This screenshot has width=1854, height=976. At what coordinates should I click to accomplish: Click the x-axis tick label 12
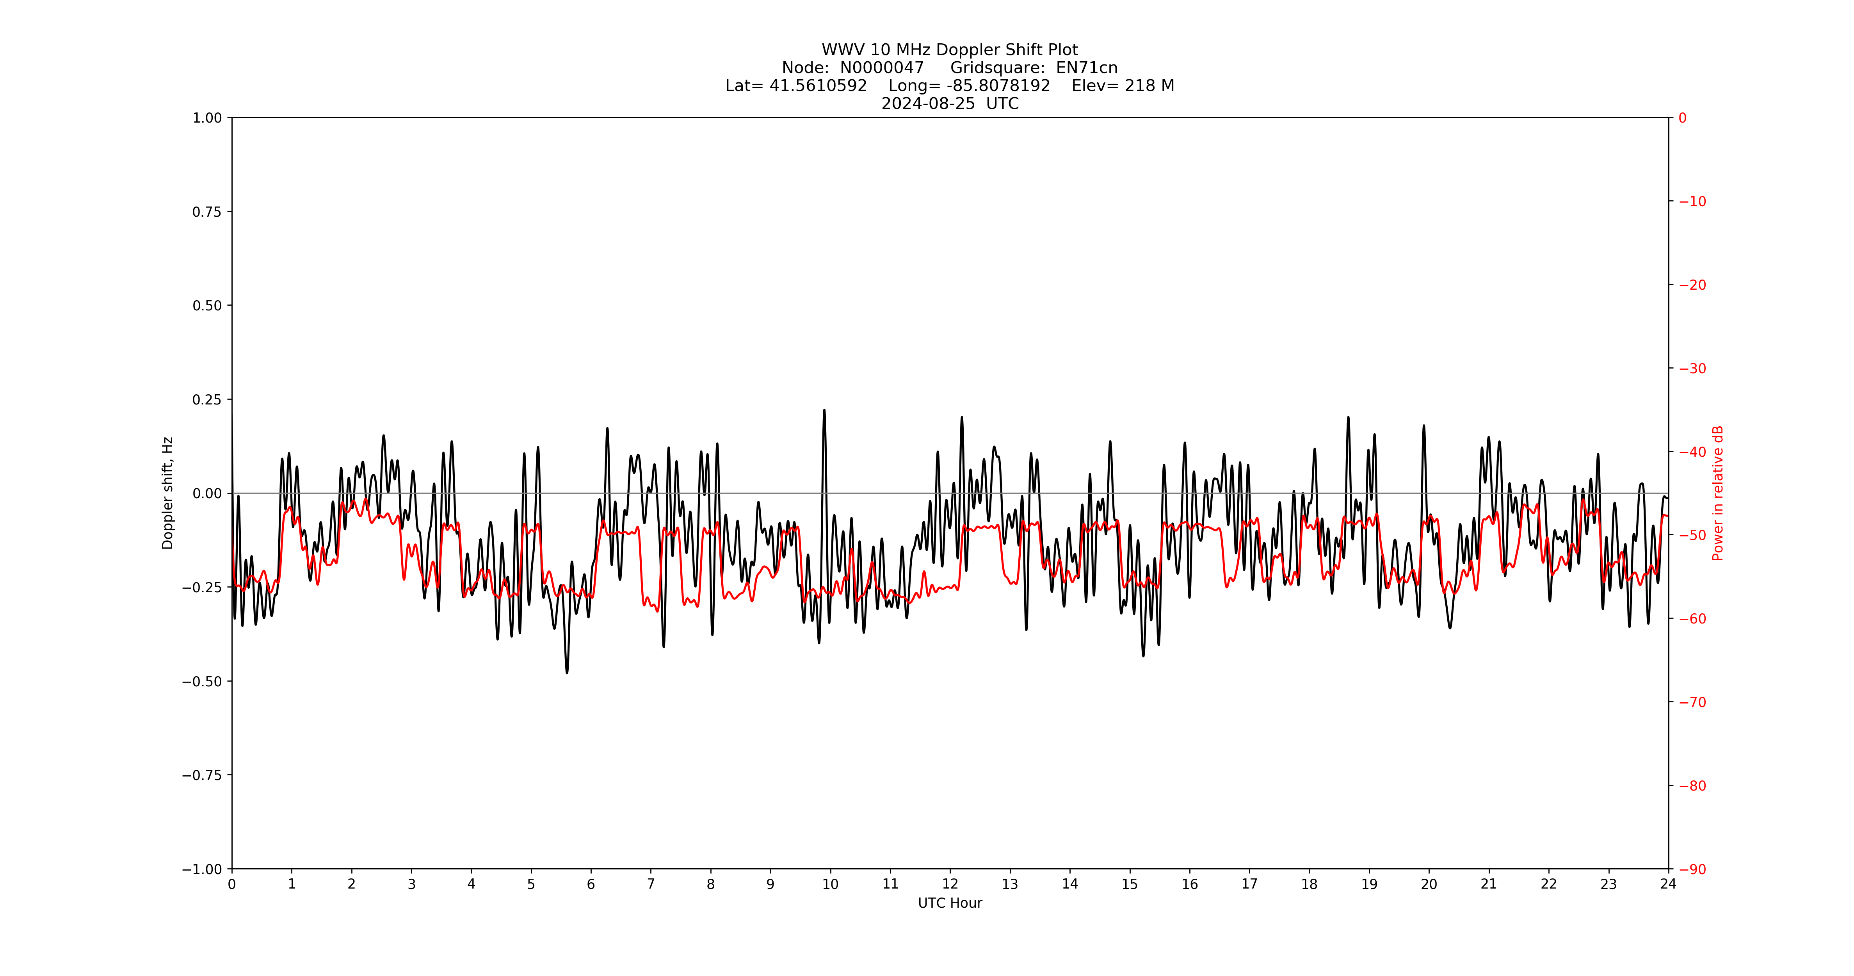(x=950, y=884)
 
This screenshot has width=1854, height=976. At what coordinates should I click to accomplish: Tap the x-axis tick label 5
(x=531, y=884)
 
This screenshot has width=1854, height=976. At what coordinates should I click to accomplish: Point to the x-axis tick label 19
(x=1369, y=884)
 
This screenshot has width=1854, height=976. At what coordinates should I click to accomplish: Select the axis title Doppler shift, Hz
(x=168, y=493)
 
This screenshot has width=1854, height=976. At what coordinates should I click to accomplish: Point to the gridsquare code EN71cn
(x=1086, y=68)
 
